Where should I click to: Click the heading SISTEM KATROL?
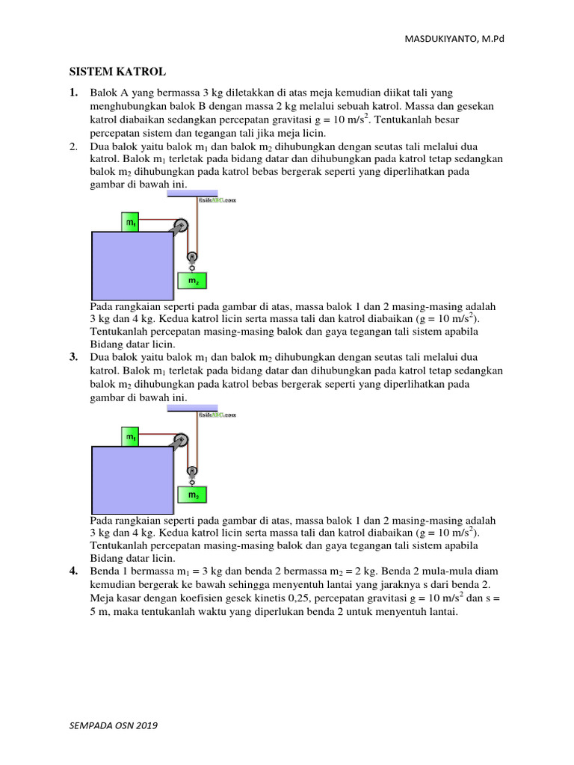click(x=117, y=72)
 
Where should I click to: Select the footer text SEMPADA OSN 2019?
click(x=114, y=725)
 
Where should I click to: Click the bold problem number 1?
click(x=73, y=93)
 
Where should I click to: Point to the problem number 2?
click(x=73, y=146)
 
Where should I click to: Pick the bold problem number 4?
click(x=73, y=571)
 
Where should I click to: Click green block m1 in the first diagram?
click(x=131, y=222)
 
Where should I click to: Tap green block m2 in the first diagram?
click(x=193, y=281)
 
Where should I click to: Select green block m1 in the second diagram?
click(x=131, y=436)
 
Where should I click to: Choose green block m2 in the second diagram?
click(x=193, y=495)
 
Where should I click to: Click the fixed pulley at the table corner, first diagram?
click(x=179, y=227)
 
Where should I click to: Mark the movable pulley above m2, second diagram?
click(x=192, y=471)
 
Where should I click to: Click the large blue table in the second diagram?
click(x=132, y=480)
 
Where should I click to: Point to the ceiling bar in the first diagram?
click(x=193, y=193)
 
